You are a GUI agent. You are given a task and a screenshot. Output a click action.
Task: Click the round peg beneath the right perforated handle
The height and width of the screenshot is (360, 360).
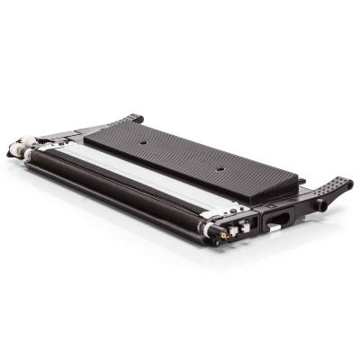tap(321, 206)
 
